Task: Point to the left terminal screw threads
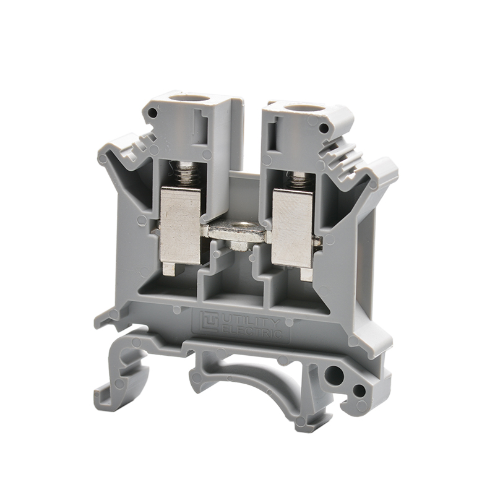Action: coord(183,174)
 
